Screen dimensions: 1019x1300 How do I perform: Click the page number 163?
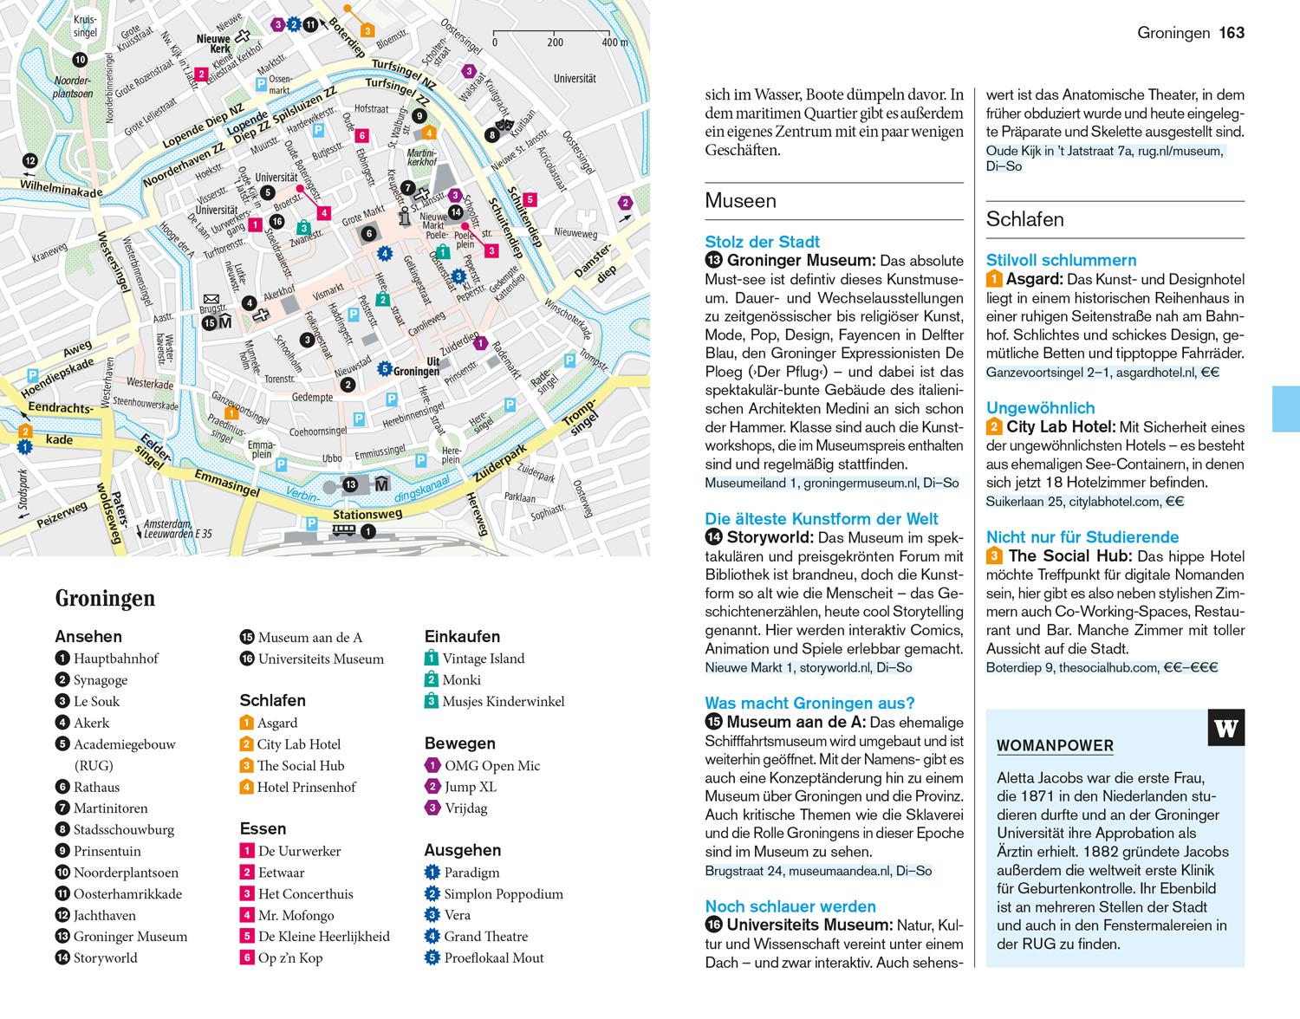pyautogui.click(x=1232, y=33)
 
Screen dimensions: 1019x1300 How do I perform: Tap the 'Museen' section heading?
pyautogui.click(x=740, y=201)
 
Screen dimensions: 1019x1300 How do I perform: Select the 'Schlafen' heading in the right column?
pyautogui.click(x=1024, y=219)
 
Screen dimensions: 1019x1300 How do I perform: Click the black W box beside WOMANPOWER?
pyautogui.click(x=1225, y=728)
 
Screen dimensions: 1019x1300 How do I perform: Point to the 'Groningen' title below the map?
pyautogui.click(x=105, y=598)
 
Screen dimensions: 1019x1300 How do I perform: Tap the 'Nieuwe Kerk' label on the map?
pyautogui.click(x=213, y=44)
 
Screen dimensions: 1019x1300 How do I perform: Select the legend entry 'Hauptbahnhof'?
pyautogui.click(x=116, y=659)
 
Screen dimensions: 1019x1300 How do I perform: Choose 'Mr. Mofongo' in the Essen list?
pyautogui.click(x=296, y=915)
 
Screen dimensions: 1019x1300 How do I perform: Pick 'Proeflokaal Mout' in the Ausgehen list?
pyautogui.click(x=494, y=957)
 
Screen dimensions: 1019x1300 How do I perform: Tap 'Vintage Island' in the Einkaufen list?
pyautogui.click(x=484, y=659)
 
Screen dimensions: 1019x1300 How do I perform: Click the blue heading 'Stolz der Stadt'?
pyautogui.click(x=762, y=242)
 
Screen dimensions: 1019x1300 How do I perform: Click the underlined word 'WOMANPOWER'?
pyautogui.click(x=1055, y=746)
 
